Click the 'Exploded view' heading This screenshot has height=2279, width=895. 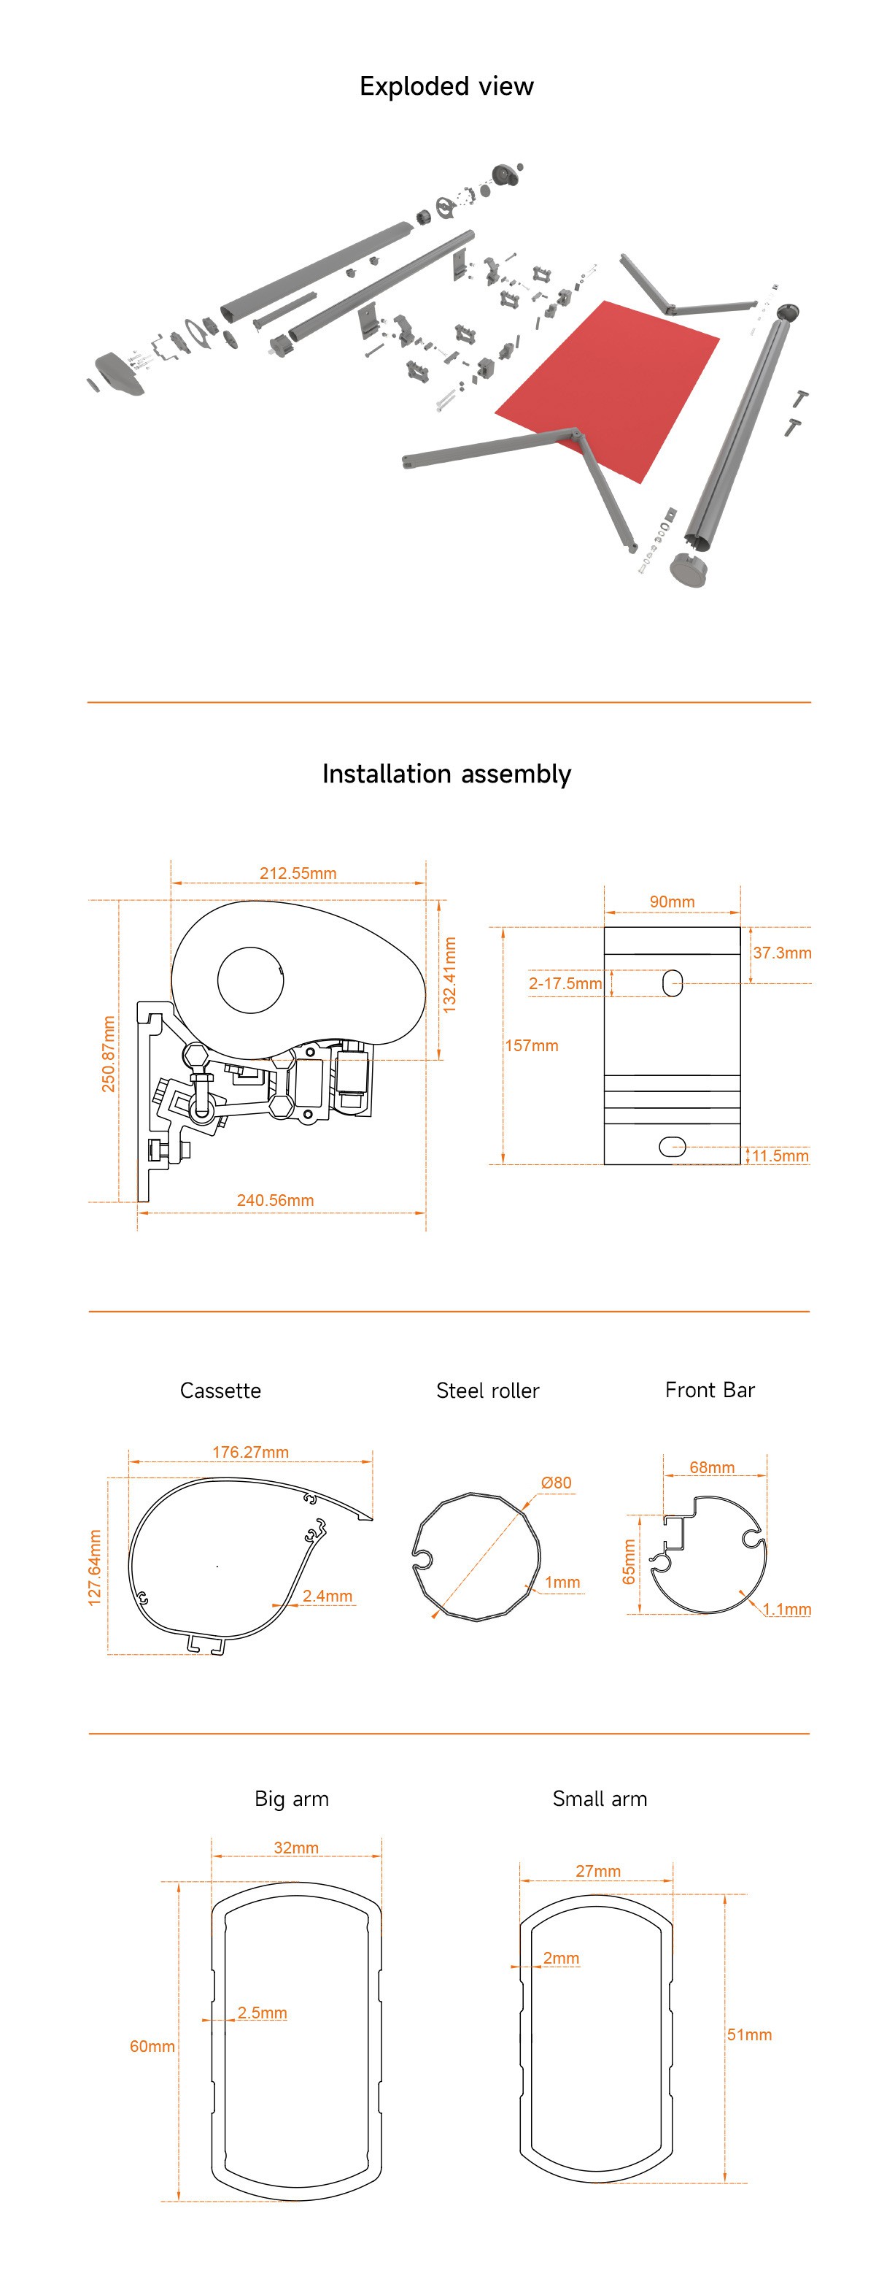tap(446, 87)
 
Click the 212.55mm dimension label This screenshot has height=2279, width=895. tap(298, 873)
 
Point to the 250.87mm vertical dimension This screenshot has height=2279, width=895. tap(108, 1053)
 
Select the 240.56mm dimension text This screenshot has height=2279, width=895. tap(275, 1201)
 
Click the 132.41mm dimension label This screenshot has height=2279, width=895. tap(450, 975)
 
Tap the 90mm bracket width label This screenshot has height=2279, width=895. tap(672, 902)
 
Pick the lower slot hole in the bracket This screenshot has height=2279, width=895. tap(672, 1147)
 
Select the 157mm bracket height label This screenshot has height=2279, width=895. tap(532, 1046)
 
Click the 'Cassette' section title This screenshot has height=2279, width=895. tap(220, 1391)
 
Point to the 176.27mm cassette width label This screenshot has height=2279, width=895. tap(250, 1452)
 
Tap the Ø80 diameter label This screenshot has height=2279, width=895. tap(557, 1482)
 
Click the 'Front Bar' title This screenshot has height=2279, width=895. tap(709, 1390)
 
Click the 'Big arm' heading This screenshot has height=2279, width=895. tap(291, 1799)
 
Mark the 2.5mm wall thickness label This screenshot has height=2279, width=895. tap(262, 2013)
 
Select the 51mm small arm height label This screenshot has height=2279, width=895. tap(749, 2035)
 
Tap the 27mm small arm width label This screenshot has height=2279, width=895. tap(598, 1871)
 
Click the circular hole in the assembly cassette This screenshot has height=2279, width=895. tap(250, 980)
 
